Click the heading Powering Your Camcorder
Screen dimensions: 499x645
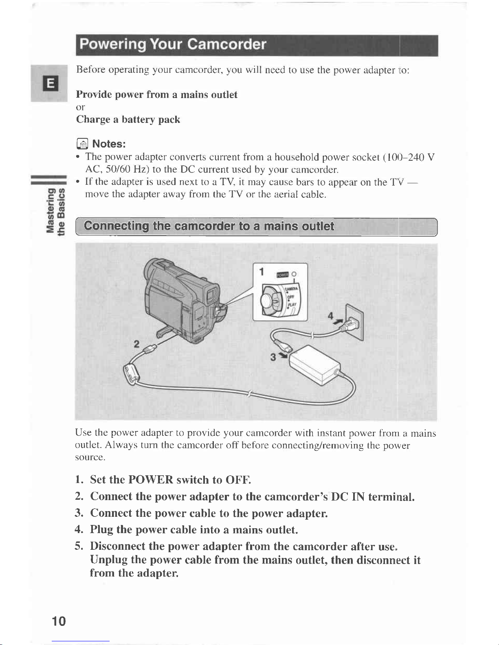point(173,44)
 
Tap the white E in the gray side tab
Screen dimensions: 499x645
point(51,83)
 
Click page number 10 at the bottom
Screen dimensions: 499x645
point(59,621)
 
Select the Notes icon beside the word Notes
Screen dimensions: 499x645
point(82,144)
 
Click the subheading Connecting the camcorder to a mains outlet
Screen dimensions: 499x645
point(209,226)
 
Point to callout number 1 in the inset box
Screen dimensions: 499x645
point(262,272)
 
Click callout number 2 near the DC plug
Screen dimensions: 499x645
point(136,344)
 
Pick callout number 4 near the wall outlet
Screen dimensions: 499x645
point(330,316)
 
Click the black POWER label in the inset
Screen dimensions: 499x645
point(282,275)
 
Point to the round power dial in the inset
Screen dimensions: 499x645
point(270,300)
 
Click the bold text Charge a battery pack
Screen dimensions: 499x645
point(128,120)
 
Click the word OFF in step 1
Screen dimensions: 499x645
point(238,480)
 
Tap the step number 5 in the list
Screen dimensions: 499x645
point(78,546)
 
